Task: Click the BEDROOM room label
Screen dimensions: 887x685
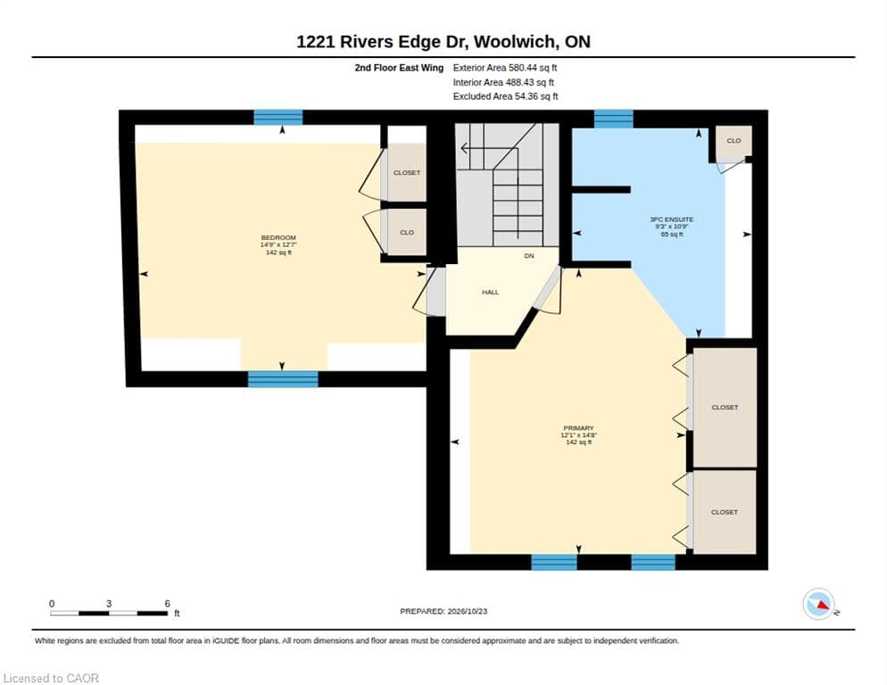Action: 278,237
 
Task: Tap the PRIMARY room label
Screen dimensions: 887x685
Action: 578,428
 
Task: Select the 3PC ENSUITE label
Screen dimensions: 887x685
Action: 671,219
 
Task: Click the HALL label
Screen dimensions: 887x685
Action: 491,293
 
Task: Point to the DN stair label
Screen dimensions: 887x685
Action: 529,256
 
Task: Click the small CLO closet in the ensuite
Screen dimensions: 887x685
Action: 734,141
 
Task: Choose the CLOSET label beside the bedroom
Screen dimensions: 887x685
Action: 407,172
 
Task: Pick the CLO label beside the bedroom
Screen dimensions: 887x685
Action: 407,233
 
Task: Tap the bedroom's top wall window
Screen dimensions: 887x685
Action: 278,117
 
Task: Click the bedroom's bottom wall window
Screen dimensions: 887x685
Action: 283,379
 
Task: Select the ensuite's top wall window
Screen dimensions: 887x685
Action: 613,119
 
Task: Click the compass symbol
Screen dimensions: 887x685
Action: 818,604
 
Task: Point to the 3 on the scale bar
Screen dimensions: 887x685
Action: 109,604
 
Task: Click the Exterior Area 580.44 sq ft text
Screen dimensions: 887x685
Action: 504,68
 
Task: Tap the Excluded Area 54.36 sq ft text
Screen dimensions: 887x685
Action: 505,96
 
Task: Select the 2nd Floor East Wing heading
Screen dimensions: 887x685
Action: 399,68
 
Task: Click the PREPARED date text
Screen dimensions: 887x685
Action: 443,612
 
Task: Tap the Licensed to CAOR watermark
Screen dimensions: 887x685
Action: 51,678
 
